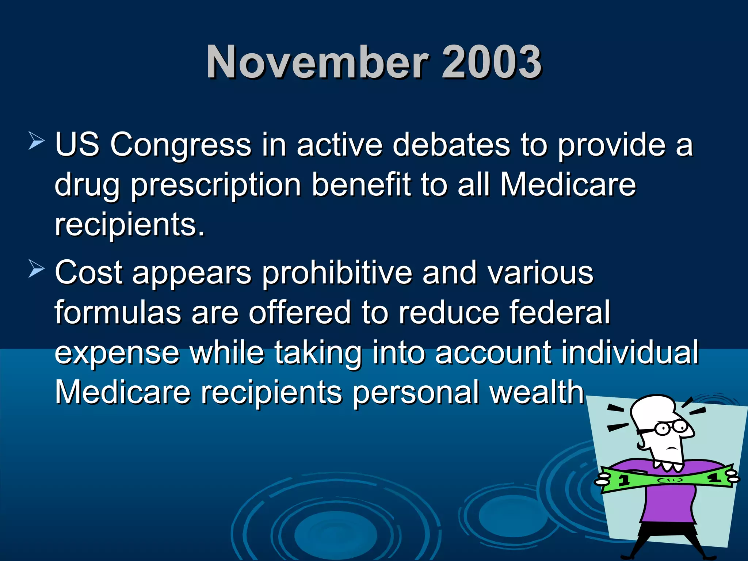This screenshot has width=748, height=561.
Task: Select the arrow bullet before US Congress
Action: tap(36, 141)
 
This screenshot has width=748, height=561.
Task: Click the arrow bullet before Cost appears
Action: tap(36, 270)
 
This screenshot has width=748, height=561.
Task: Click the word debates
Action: tap(451, 145)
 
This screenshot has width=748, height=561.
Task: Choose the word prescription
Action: tap(216, 185)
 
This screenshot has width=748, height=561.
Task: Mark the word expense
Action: tap(117, 353)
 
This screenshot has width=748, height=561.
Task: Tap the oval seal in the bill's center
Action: tap(669, 480)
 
